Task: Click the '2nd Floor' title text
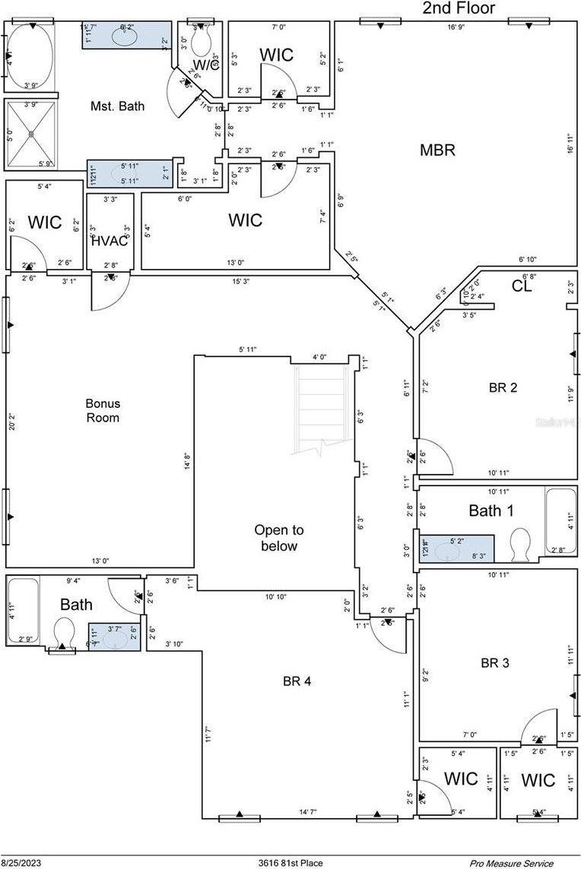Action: [459, 8]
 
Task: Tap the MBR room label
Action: [437, 150]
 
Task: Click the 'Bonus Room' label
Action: [103, 410]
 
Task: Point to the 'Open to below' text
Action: [278, 538]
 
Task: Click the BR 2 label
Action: [503, 387]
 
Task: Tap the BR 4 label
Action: [296, 681]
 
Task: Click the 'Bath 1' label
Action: [491, 510]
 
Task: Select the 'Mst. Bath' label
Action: [117, 106]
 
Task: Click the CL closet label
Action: [522, 286]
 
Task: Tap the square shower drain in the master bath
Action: [31, 134]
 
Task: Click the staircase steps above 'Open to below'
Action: [318, 406]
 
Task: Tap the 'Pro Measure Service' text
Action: [510, 863]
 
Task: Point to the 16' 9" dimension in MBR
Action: [456, 27]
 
